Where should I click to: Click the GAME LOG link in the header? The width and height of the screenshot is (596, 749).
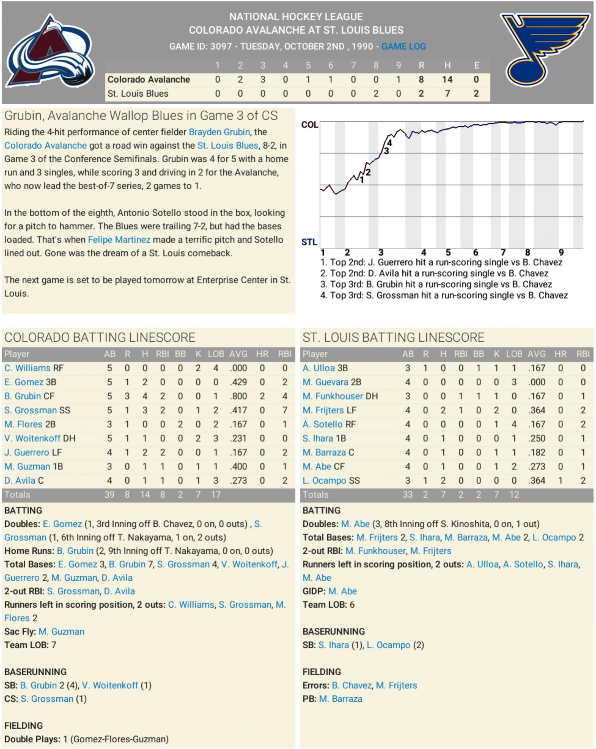403,46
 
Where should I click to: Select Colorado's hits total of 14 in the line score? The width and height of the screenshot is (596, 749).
447,80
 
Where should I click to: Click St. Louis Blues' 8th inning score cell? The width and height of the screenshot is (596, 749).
376,94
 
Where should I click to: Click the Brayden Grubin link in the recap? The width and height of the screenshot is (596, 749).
219,132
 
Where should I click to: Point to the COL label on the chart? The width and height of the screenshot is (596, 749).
309,124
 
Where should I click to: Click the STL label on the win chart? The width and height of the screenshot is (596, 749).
309,242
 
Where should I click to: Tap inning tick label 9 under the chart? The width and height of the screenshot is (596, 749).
561,253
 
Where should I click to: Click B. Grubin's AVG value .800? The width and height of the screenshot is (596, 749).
238,396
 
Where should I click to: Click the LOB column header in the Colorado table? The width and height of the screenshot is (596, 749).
216,354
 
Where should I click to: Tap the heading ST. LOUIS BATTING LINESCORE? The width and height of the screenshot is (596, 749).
393,337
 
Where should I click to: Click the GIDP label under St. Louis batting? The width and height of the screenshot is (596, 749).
313,591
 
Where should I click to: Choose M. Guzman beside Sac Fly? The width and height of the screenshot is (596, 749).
61,631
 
